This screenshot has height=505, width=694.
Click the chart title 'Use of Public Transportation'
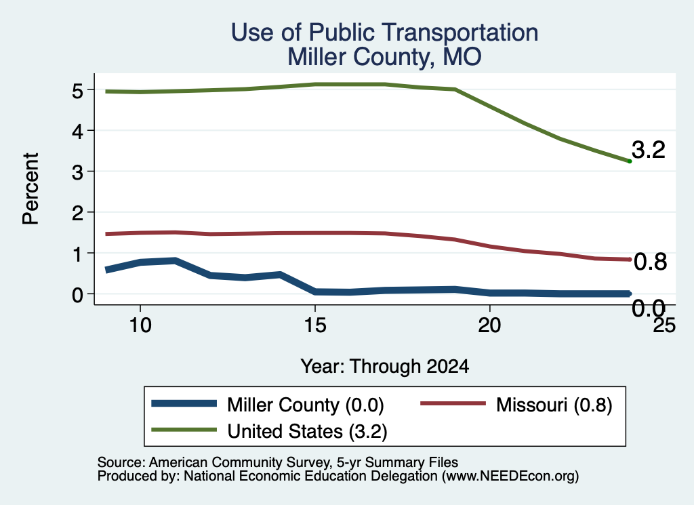pos(385,33)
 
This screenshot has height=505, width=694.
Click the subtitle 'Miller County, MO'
pos(385,57)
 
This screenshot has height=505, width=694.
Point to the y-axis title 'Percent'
pos(30,188)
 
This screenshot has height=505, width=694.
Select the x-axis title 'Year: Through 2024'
pos(385,367)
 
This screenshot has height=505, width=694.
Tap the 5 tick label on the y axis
pos(77,91)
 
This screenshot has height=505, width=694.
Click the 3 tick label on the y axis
pos(77,171)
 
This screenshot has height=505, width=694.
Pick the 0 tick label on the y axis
pos(77,294)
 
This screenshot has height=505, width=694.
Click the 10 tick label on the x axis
pos(140,325)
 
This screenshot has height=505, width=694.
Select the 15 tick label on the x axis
pos(315,325)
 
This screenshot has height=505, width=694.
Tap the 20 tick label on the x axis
pos(489,325)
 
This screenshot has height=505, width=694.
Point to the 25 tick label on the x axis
pos(664,325)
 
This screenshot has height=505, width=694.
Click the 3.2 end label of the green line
pos(649,150)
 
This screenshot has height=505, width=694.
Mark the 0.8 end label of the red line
pos(650,262)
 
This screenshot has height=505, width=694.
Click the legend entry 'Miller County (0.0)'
pos(306,405)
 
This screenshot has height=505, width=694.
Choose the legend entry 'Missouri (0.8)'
pos(554,405)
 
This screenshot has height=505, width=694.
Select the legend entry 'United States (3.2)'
pos(307,431)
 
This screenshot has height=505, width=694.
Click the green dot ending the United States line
pos(630,161)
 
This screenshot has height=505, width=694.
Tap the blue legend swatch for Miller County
pos(184,403)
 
